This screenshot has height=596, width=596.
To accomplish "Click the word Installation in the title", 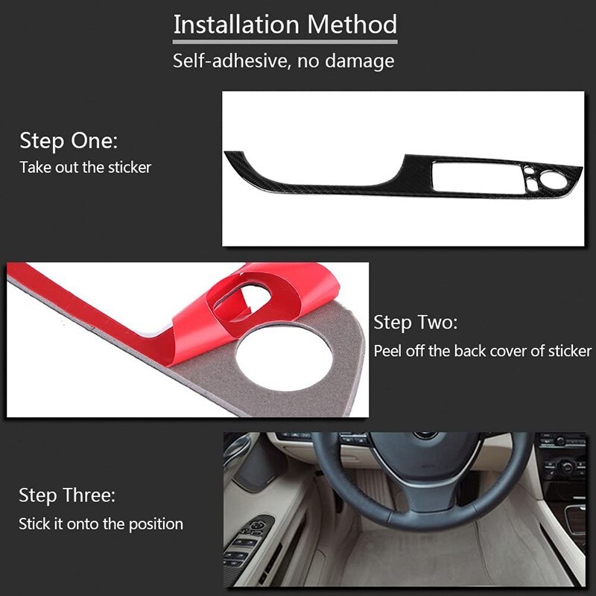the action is pos(236,25).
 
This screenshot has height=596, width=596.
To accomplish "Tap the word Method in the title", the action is pos(352,25).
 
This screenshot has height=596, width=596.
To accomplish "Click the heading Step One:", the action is pos(69,141).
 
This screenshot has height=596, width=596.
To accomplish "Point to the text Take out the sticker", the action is pos(86,167).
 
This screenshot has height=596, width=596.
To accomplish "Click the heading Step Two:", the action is pos(416,323).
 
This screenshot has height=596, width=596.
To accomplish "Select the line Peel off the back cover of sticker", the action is pos(483,351).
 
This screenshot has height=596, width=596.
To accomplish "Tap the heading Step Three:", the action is pos(67,495).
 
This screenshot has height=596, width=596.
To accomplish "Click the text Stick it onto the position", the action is pos(101,524).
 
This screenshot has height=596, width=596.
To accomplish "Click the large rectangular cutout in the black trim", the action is pos(478,177).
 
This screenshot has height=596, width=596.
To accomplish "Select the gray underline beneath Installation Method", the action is pos(285,42).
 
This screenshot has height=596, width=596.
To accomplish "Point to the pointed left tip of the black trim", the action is pos(225,153).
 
